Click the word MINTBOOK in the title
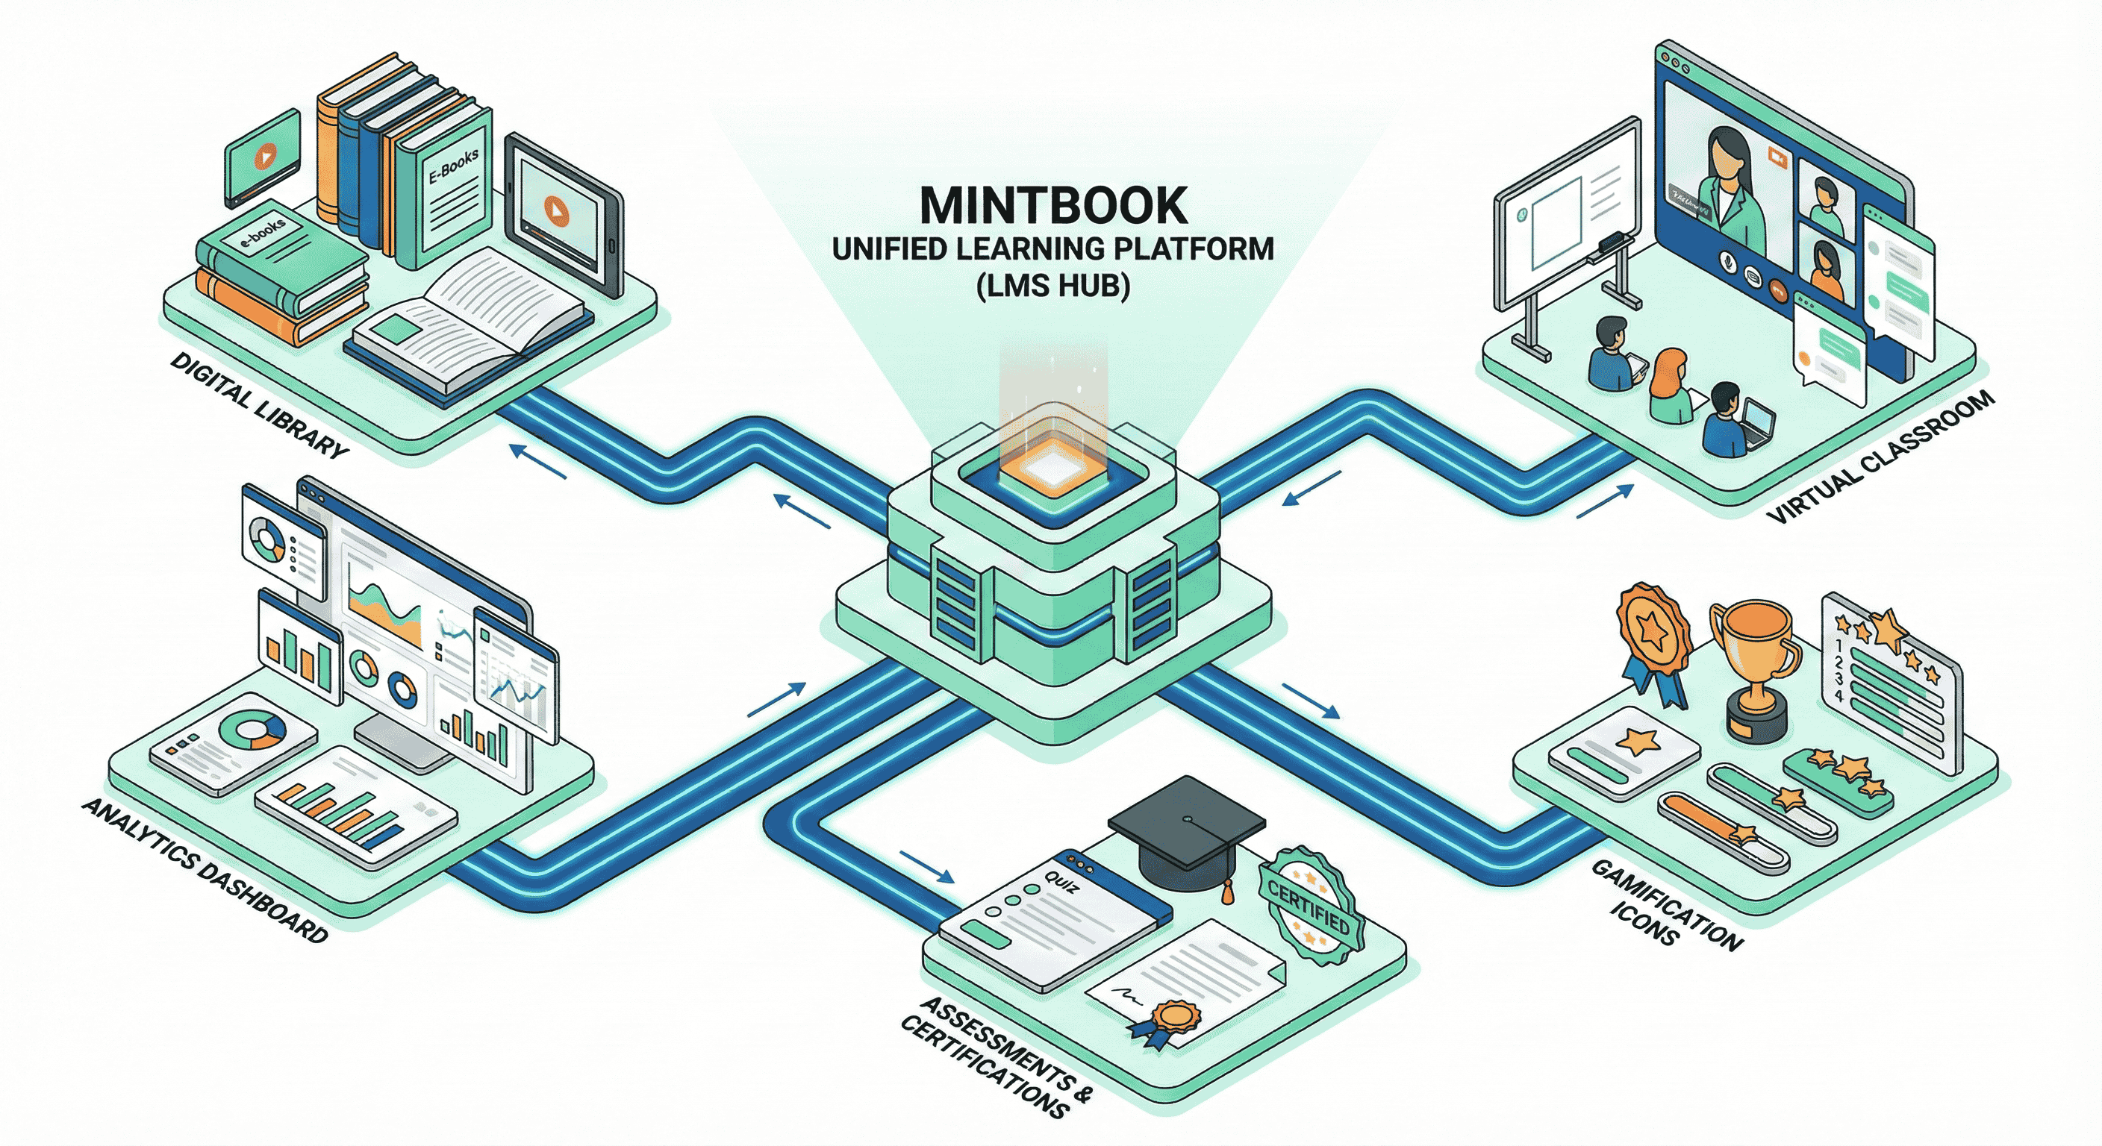pyautogui.click(x=1052, y=205)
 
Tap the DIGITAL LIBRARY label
pyautogui.click(x=260, y=404)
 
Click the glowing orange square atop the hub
pyautogui.click(x=1052, y=469)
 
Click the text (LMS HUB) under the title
pyautogui.click(x=1052, y=286)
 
